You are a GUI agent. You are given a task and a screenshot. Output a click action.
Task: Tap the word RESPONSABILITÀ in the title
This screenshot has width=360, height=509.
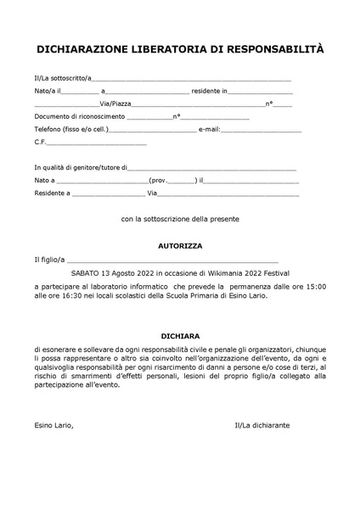(x=271, y=51)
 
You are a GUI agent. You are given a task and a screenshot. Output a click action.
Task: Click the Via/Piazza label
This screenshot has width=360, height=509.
(x=115, y=103)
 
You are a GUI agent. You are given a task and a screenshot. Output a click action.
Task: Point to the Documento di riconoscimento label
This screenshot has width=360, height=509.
(x=80, y=116)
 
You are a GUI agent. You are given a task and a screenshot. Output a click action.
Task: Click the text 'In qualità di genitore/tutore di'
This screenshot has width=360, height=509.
(x=82, y=168)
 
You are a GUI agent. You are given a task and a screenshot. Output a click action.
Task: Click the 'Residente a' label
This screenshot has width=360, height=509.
(x=52, y=193)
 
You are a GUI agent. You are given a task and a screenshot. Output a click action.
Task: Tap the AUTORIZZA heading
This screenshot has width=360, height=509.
(x=180, y=245)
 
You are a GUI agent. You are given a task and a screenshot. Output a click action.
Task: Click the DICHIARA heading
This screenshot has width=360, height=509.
(x=180, y=336)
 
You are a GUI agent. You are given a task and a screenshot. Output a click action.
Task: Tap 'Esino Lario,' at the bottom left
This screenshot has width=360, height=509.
(x=54, y=423)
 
